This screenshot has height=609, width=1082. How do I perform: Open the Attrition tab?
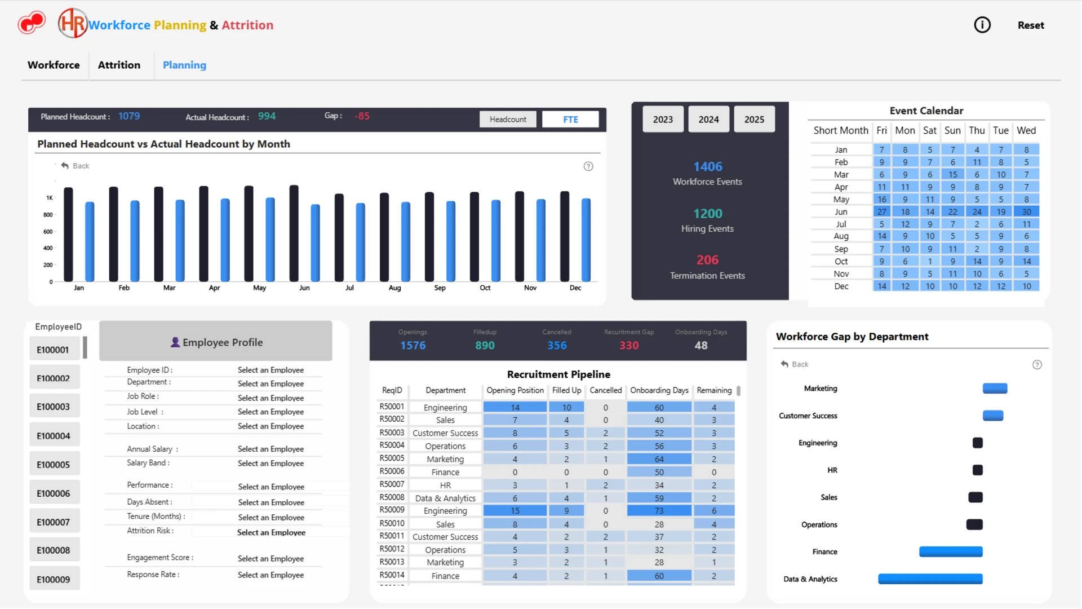(119, 65)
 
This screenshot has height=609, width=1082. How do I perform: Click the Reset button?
(1031, 25)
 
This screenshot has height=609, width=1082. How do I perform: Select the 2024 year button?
(708, 119)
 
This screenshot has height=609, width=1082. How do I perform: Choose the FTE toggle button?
(570, 119)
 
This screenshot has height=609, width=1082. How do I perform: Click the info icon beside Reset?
(982, 25)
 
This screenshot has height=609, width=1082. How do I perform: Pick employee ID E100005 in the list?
(54, 464)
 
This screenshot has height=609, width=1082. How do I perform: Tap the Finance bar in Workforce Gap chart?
(951, 551)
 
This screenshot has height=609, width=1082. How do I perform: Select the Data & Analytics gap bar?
(930, 579)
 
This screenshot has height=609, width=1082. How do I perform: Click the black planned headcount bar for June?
(294, 233)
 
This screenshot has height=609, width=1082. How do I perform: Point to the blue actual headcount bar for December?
(586, 240)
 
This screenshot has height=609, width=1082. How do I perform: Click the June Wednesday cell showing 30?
(1026, 212)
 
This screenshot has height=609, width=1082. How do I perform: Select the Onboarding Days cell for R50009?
(659, 511)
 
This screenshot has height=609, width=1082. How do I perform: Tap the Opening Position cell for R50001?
(515, 407)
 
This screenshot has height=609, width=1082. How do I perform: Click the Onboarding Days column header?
(659, 390)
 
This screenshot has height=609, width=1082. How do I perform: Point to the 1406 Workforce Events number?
(707, 166)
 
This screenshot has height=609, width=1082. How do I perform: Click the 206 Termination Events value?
(707, 260)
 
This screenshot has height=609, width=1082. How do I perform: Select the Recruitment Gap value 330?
(629, 346)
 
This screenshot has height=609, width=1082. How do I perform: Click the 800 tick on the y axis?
(48, 215)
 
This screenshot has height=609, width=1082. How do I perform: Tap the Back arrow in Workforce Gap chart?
(784, 364)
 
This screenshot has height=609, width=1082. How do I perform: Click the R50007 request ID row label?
(392, 484)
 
